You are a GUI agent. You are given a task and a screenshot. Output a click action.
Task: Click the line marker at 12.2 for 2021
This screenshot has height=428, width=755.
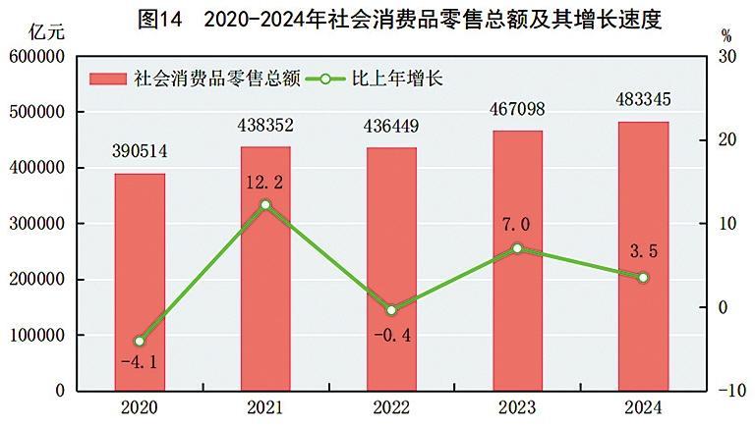coord(265,205)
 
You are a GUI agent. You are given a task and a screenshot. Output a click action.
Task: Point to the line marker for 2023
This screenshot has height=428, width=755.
coord(517,248)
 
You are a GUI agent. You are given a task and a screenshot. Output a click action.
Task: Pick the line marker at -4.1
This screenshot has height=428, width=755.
coord(140,341)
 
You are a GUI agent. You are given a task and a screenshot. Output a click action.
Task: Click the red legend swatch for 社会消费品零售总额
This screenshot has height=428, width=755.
coord(110,79)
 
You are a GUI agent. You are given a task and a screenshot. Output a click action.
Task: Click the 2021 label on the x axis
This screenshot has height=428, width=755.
coord(265,407)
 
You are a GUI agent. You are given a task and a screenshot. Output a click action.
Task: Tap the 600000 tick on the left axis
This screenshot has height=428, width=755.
coord(37,57)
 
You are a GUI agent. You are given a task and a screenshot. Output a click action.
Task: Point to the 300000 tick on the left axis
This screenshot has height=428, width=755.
coord(37,224)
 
